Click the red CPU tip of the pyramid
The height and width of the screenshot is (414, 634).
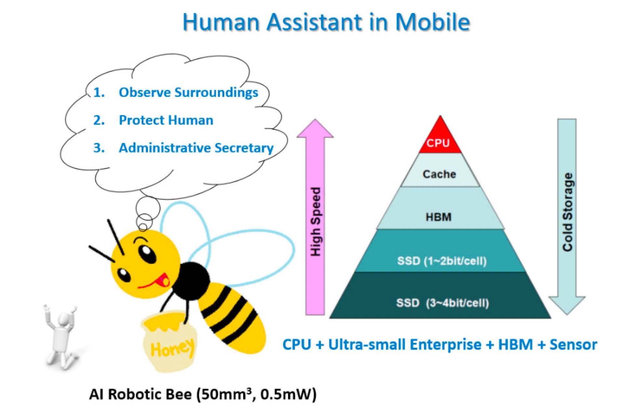coord(440,138)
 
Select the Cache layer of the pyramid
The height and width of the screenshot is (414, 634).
coord(440,170)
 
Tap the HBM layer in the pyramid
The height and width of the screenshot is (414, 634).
coord(440,208)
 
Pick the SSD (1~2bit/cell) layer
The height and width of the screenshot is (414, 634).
coord(440,251)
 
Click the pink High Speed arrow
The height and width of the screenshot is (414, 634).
coord(315,217)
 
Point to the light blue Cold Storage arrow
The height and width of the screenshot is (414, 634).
coord(567,217)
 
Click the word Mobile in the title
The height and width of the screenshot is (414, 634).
coord(433,22)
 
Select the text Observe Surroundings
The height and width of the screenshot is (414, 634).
coord(188,93)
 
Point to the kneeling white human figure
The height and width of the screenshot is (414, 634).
coord(61,338)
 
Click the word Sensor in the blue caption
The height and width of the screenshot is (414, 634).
coord(573,345)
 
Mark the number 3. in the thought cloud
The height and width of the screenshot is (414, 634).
coord(99,148)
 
